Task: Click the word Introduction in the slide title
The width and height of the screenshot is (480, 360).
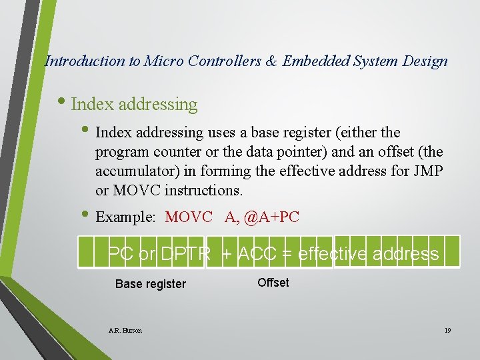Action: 85,61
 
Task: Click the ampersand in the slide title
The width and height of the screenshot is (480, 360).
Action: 272,61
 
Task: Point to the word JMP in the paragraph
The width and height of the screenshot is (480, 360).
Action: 429,171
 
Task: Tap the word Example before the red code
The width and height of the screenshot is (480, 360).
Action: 125,217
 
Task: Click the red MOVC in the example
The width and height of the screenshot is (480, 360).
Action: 189,217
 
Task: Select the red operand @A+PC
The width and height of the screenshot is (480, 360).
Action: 271,217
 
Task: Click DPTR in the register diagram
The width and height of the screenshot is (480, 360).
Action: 186,254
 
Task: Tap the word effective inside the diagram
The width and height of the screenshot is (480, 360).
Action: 333,254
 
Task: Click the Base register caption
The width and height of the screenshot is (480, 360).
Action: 151,284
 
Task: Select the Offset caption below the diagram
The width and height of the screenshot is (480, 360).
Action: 273,283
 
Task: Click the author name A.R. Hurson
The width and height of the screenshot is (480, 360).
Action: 125,330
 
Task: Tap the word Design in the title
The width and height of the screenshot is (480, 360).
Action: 426,61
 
